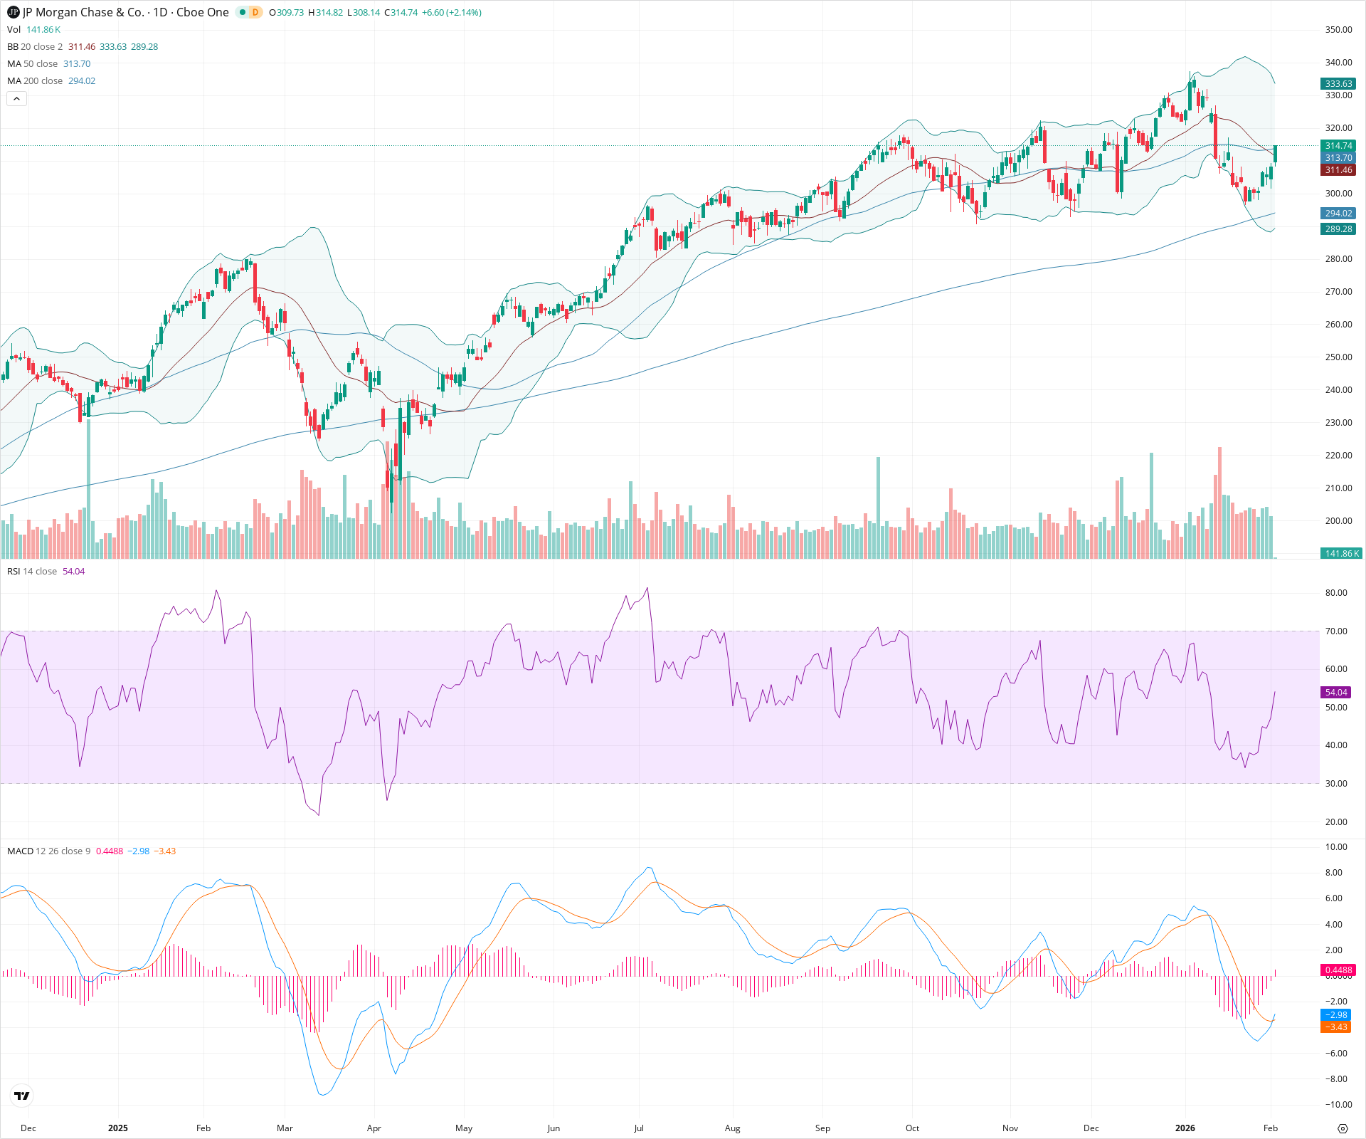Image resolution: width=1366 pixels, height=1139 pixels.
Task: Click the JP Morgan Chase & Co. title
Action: (x=125, y=12)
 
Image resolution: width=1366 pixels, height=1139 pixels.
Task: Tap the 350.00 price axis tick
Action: (x=1338, y=30)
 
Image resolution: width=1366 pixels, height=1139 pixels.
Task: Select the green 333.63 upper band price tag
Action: (x=1338, y=83)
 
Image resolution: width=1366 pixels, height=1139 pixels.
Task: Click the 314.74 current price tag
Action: (x=1338, y=146)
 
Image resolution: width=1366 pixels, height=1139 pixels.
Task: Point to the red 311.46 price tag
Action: (x=1338, y=170)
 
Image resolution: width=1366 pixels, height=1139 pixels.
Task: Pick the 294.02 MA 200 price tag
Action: (x=1338, y=214)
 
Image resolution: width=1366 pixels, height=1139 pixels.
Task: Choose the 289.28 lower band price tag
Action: (x=1338, y=229)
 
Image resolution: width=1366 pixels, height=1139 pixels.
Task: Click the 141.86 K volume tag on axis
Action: (x=1341, y=553)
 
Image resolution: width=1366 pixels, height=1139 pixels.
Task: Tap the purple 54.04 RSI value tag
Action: (x=1336, y=692)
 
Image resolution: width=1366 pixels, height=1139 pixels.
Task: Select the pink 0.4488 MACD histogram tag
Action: (x=1338, y=970)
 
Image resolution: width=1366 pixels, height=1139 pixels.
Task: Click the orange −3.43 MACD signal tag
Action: (x=1335, y=1027)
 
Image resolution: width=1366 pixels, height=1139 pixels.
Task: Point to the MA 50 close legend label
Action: (x=32, y=64)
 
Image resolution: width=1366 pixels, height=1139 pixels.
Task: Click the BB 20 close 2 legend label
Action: (x=34, y=47)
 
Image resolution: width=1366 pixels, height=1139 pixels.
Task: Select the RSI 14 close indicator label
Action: (x=32, y=572)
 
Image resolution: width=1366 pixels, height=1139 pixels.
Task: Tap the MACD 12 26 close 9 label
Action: (x=48, y=851)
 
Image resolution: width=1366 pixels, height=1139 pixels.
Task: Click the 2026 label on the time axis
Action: (x=1185, y=1128)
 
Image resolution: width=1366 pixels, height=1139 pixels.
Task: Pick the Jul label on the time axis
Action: (x=639, y=1128)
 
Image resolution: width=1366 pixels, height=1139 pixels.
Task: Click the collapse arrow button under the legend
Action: (x=16, y=99)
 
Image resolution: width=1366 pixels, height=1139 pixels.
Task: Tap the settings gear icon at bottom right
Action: (x=1343, y=1128)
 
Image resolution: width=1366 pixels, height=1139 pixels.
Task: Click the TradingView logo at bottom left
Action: (x=22, y=1096)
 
